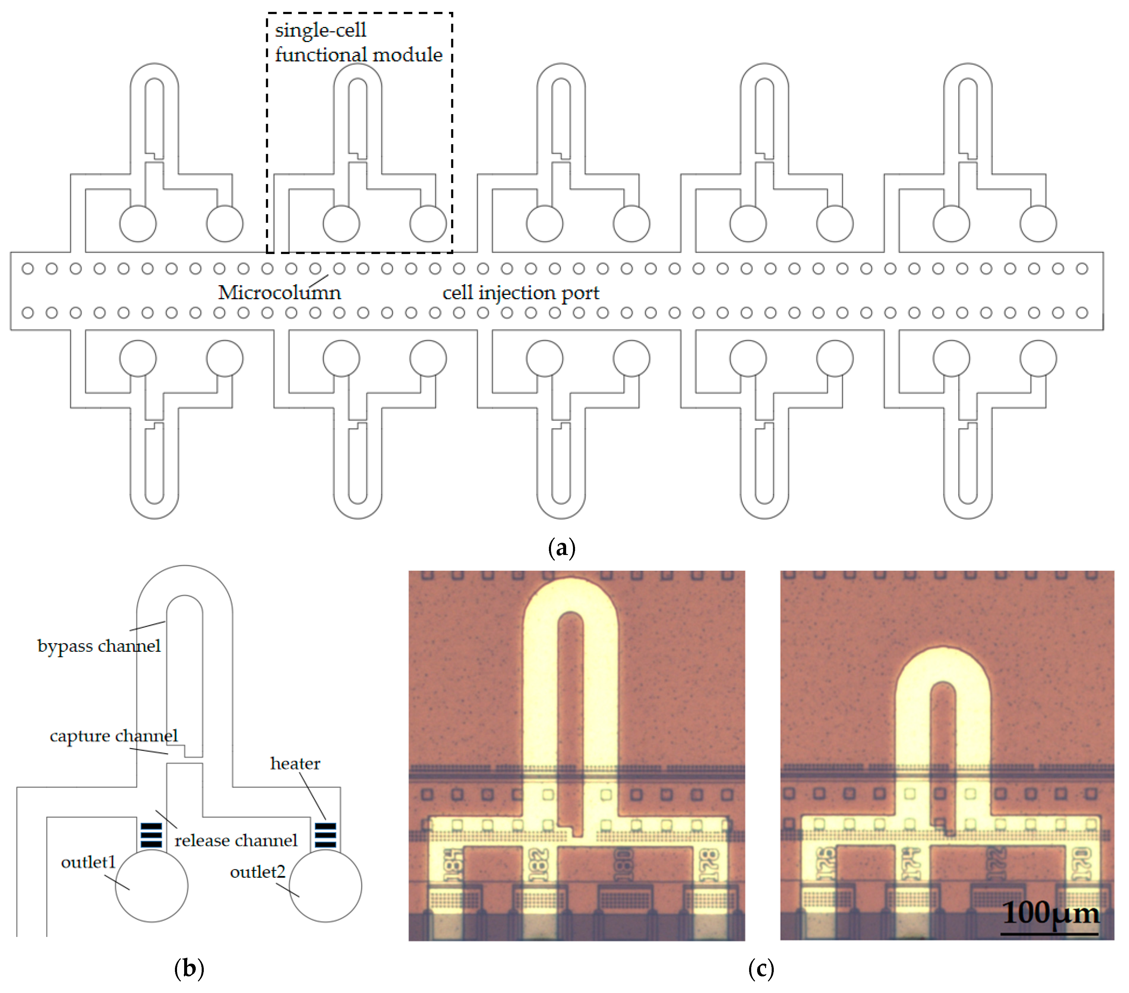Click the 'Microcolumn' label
coord(280,293)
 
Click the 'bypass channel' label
coord(99,646)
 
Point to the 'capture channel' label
coord(114,736)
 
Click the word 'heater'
coord(295,763)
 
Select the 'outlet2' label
coord(258,872)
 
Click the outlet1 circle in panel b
coord(151,886)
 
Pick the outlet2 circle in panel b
coord(325,886)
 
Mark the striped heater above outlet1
coord(151,835)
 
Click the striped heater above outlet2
coord(325,835)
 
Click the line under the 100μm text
coord(1049,934)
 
